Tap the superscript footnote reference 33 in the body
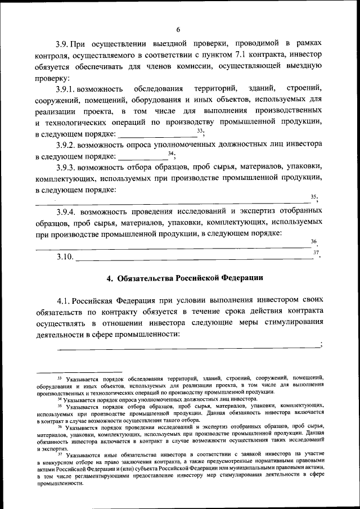coord(200,131)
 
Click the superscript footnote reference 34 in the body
coord(171,154)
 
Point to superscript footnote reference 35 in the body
coord(313,196)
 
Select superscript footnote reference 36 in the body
coord(313,241)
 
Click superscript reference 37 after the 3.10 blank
coord(316,253)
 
